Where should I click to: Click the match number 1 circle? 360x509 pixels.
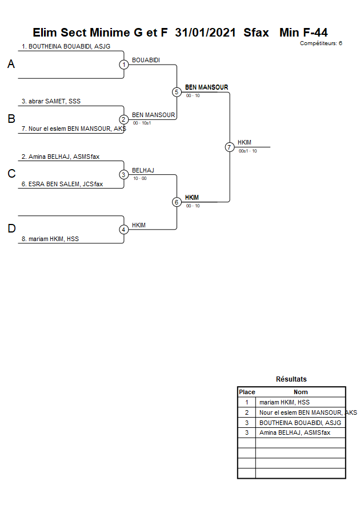123,65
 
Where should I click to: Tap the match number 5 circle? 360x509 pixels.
177,92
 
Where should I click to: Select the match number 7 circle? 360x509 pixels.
229,147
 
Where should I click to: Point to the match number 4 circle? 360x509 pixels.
123,230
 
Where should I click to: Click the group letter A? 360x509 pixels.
11,65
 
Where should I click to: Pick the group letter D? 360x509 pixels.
11,229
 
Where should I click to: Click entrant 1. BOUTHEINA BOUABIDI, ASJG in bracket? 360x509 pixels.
66,46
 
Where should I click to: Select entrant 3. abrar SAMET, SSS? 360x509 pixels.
51,101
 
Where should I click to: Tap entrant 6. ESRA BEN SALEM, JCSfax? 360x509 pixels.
62,184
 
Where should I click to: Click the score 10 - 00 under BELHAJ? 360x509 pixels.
139,178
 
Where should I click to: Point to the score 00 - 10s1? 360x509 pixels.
142,123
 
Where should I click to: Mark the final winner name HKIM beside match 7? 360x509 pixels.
244,142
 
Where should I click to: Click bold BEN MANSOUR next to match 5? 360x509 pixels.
206,87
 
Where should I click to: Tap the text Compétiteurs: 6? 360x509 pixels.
321,43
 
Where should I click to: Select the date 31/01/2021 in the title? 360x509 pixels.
205,33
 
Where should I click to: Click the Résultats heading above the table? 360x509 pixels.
291,379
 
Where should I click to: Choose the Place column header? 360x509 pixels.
247,392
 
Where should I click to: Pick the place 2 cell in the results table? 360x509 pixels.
247,412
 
